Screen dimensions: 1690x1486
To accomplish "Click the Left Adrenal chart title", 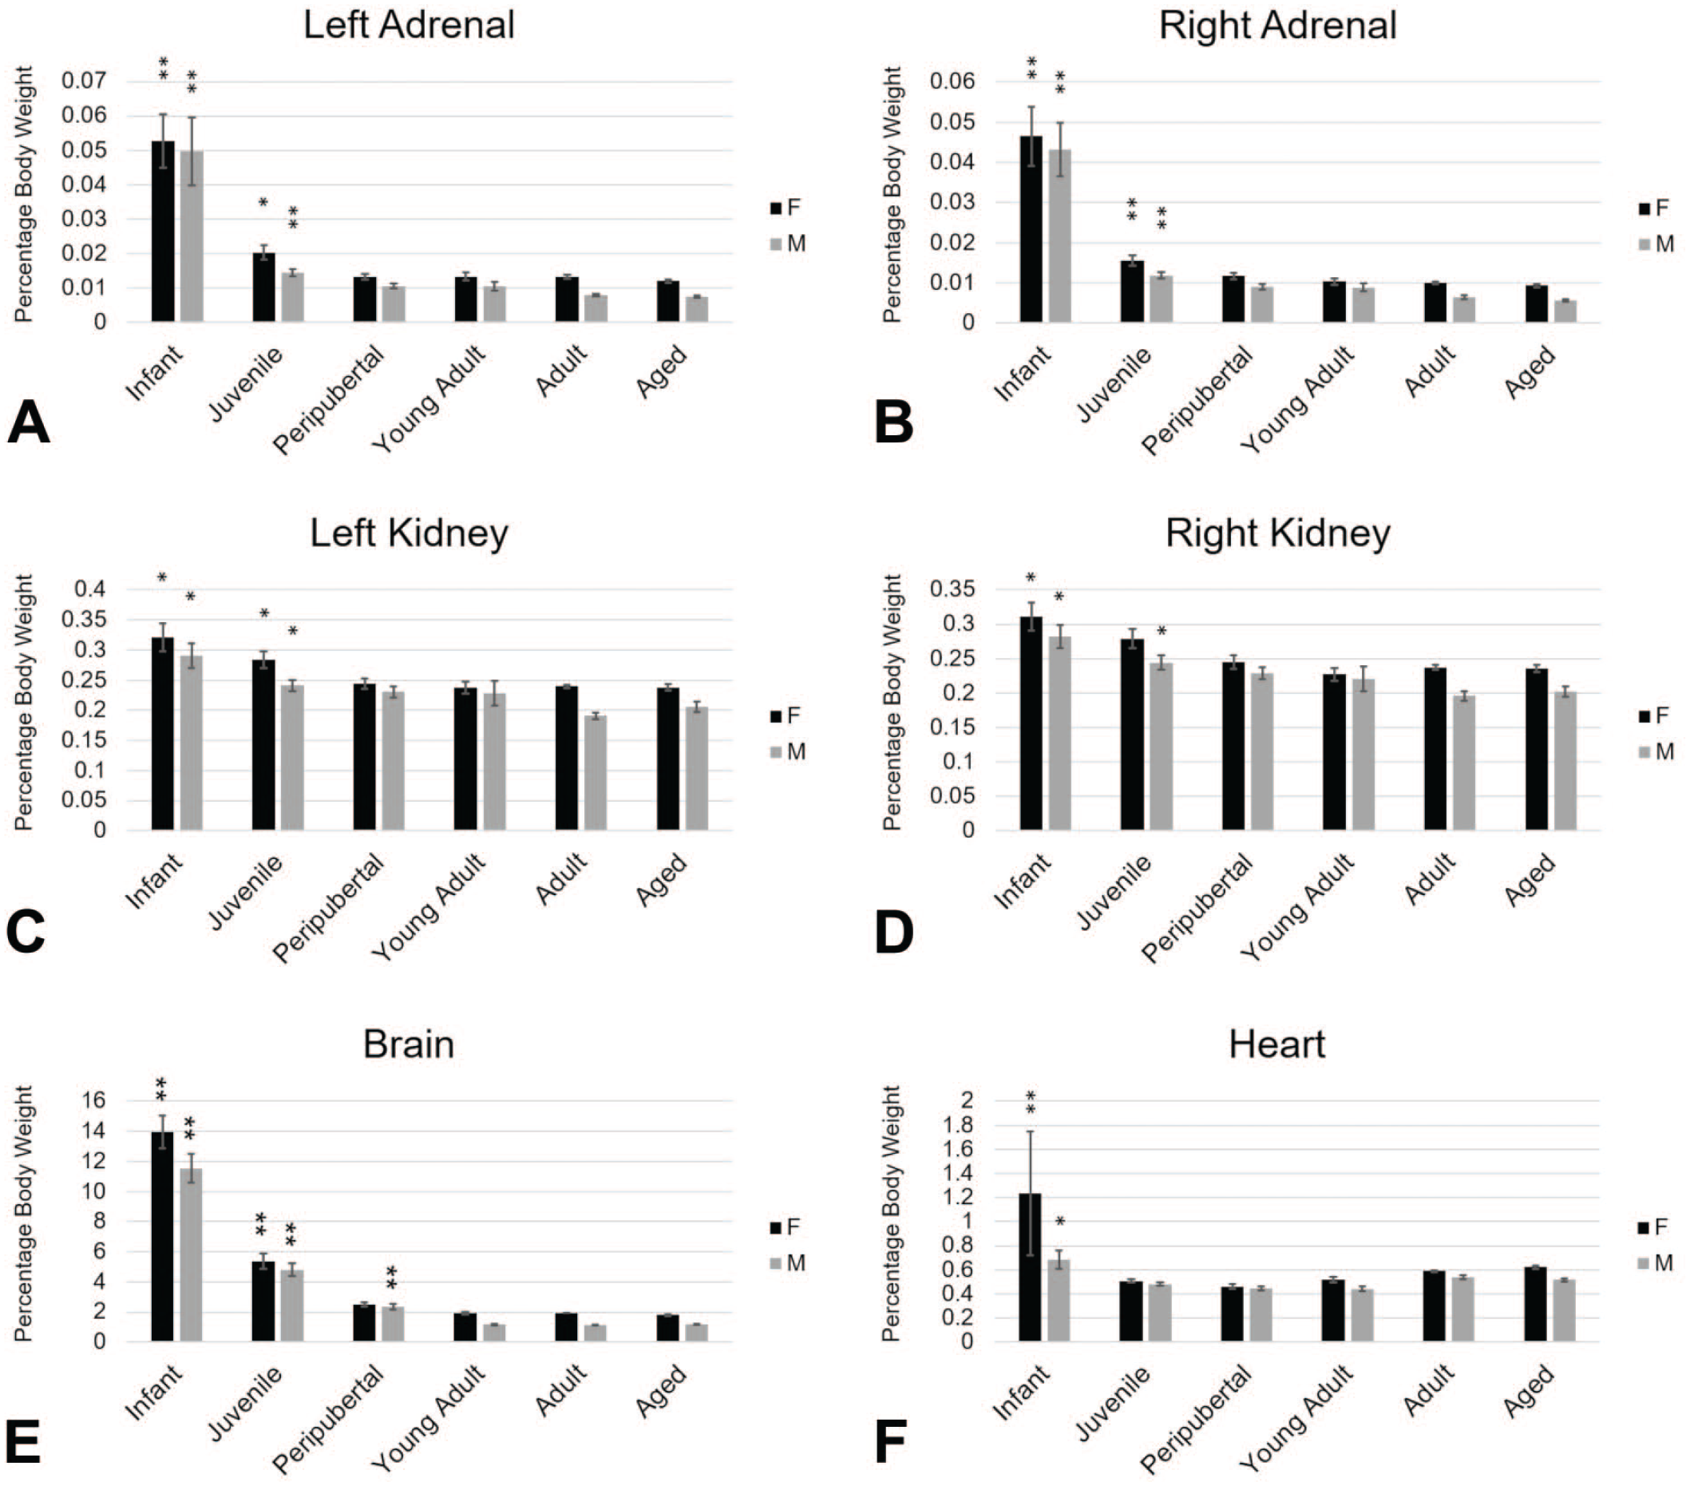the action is (409, 25).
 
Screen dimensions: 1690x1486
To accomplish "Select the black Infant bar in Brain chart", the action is (163, 1235).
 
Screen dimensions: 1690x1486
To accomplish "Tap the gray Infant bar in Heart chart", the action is (1059, 1300).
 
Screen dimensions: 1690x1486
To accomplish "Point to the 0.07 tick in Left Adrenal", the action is (85, 81).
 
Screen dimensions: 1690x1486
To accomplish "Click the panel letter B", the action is (894, 422).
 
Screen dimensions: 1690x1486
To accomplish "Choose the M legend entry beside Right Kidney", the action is (1657, 751).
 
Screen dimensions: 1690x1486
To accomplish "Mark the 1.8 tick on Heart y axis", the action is (957, 1125).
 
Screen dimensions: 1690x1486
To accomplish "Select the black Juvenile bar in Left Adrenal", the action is (263, 287).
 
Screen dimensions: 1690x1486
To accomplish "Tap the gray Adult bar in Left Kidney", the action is (596, 772).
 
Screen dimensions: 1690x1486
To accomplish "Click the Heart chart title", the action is (1276, 1044).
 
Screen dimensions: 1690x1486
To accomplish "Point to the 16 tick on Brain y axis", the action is (93, 1100).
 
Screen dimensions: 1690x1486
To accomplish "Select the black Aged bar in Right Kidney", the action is (1536, 749).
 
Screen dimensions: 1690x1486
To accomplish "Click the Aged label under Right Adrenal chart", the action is (1530, 372).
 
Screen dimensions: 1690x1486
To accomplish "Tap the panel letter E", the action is (23, 1442).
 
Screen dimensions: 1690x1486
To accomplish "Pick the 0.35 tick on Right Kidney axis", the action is (952, 589).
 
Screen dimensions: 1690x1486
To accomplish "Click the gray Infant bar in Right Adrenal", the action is (1059, 236).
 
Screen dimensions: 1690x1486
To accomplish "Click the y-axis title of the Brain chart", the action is (24, 1213).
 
